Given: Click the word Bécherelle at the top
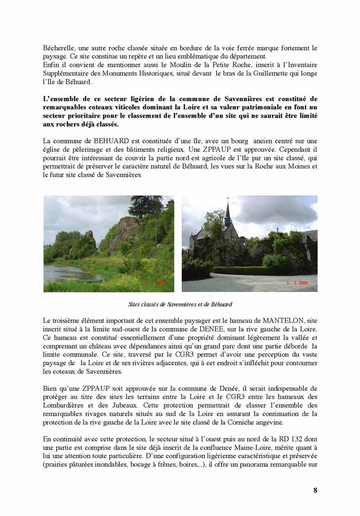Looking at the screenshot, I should (x=59, y=49).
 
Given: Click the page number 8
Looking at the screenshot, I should (x=315, y=490).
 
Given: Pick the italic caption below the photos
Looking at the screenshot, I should (x=180, y=304).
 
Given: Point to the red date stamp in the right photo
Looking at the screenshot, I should (x=297, y=282).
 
